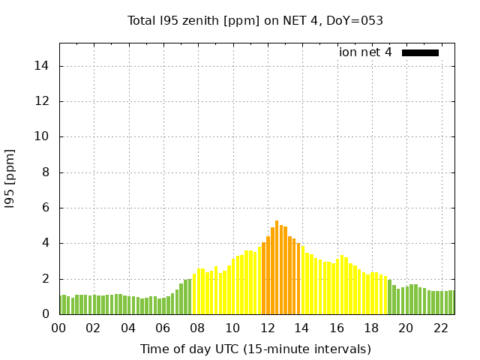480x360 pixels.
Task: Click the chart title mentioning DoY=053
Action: tap(256, 21)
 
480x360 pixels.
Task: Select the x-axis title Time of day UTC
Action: tap(256, 349)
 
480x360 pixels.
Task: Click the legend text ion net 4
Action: tap(365, 52)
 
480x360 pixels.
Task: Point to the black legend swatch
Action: tap(420, 52)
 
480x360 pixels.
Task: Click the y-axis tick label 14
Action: tap(42, 66)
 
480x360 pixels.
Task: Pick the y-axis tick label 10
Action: tap(42, 137)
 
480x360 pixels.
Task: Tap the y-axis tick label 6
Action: tap(46, 208)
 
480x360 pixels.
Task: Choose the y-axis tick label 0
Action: tap(46, 315)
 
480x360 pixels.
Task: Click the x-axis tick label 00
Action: tap(59, 328)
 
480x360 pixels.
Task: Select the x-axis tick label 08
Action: tap(198, 328)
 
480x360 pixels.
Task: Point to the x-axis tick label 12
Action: tap(268, 328)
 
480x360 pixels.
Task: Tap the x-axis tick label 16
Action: tap(337, 328)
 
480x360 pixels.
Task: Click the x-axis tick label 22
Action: tap(441, 328)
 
